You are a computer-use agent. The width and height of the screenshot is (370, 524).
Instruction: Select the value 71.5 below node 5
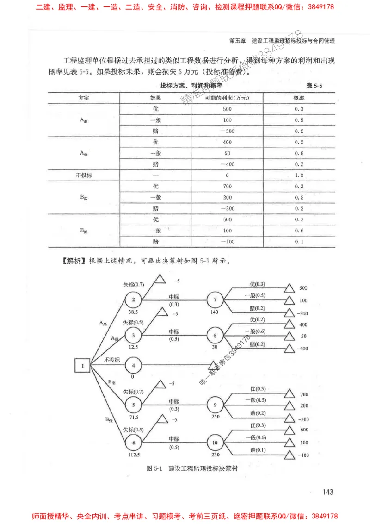pos(133,416)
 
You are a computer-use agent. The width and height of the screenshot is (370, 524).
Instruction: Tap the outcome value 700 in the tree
pos(303,395)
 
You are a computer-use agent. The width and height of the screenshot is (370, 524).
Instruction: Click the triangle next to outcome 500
pos(290,288)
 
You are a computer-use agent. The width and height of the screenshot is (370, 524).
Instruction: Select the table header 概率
pos(298,98)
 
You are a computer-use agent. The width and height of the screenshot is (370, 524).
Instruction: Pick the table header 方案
pos(84,98)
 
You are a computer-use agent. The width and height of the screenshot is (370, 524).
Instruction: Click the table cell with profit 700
pos(227,187)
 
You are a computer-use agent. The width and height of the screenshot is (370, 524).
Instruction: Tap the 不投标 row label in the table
pos(84,175)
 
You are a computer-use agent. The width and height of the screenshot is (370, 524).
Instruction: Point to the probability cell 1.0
pos(298,175)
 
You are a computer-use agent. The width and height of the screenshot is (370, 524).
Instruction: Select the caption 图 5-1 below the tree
pos(154,468)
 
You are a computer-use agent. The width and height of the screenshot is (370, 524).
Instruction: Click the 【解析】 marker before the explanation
pos(72,261)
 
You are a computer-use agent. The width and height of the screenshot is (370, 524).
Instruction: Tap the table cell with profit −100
pos(227,242)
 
